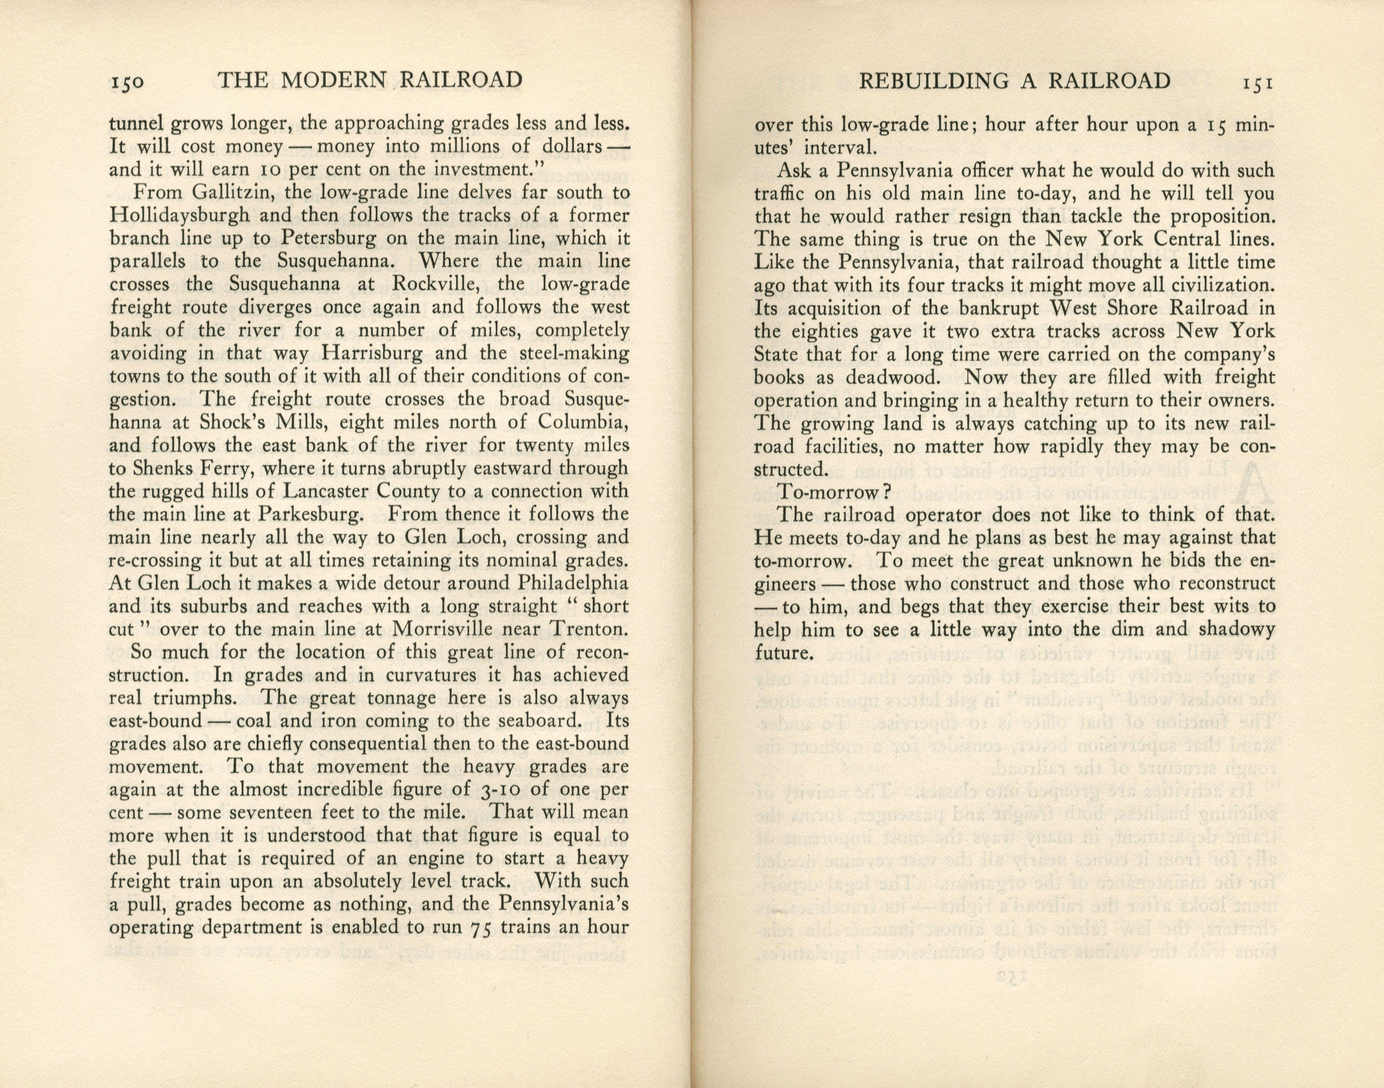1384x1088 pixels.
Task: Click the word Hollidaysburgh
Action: click(180, 216)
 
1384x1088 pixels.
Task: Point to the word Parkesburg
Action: click(305, 514)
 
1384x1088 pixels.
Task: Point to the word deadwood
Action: click(891, 377)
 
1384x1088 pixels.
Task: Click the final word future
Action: click(783, 653)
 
